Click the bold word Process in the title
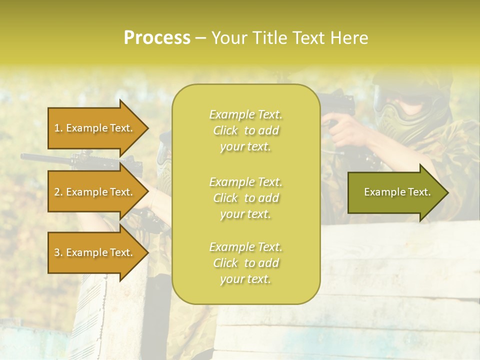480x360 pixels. click(x=157, y=38)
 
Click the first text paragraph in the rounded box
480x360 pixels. click(x=245, y=130)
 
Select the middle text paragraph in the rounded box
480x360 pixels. click(x=245, y=198)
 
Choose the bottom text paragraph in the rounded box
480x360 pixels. click(x=245, y=263)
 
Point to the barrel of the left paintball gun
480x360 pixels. click(x=45, y=157)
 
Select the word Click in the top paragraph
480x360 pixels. click(x=225, y=130)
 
